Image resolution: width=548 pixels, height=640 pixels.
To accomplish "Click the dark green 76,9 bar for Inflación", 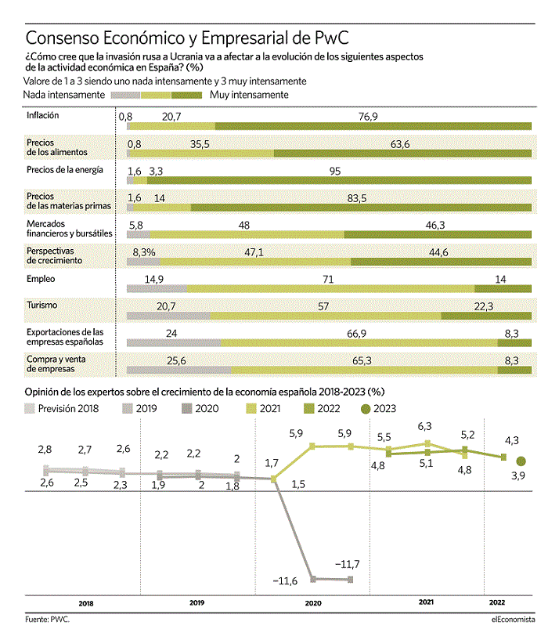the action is point(373,126).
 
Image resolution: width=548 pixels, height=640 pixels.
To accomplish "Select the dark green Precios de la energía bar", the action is point(339,180).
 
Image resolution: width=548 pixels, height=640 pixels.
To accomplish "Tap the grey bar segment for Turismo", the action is point(168,316).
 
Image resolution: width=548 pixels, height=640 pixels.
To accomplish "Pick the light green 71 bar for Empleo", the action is point(330,289).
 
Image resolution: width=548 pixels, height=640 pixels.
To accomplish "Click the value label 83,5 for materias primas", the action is point(357,198).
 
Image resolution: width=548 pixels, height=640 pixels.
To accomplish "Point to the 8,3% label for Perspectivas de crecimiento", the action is point(143,253).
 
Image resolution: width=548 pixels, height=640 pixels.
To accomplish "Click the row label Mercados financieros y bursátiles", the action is point(70,229).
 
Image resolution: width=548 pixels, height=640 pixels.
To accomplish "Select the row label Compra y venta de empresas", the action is point(56,363).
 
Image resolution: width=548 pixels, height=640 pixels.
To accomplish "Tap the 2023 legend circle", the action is point(366,409).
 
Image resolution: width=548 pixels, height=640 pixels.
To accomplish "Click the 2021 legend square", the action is point(251,409).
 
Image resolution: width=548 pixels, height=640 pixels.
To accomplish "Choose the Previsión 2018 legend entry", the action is point(62,409).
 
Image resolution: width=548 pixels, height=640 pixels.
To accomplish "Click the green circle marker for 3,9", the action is point(521,461).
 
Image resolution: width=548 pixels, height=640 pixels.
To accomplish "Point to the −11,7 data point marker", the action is point(351,579).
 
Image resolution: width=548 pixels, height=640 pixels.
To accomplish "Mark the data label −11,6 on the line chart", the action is point(285,580).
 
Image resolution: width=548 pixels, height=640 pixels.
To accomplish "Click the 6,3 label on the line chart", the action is point(425,426).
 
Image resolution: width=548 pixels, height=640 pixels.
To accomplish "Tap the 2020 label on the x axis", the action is point(313,603).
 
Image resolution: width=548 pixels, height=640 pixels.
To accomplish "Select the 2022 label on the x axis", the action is point(497,602).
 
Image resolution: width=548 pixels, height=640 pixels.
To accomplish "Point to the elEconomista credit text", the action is point(513,619).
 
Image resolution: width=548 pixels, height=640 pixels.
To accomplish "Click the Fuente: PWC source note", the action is point(47,619).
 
